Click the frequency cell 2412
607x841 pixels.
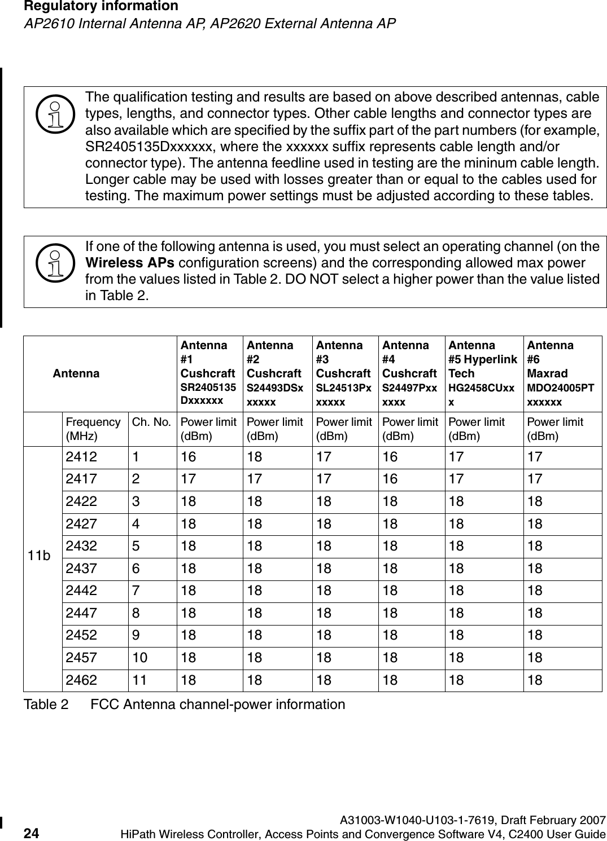click(x=81, y=457)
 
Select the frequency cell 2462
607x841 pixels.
click(x=81, y=680)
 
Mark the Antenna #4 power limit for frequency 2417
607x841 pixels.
click(x=390, y=479)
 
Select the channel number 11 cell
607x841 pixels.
click(x=138, y=680)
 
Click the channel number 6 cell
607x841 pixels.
click(x=136, y=569)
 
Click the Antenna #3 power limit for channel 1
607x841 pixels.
click(x=324, y=457)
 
